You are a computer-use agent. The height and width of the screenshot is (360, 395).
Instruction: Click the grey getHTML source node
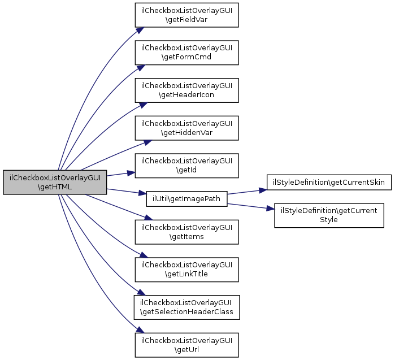(55, 182)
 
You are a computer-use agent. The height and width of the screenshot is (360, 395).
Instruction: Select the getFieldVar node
(186, 15)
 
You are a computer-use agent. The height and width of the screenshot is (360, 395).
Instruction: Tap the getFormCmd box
(186, 53)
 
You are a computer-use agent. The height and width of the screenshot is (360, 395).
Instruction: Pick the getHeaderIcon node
(186, 90)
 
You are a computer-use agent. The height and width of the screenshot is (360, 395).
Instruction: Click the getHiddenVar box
(186, 128)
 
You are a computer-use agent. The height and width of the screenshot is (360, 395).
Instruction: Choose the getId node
(186, 166)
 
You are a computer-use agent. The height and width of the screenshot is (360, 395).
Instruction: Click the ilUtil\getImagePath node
(186, 199)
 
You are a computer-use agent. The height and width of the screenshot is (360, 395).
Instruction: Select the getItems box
(186, 232)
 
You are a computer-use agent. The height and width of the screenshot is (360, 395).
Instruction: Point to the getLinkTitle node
(186, 270)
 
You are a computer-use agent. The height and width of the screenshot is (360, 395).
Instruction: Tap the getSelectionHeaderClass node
(186, 307)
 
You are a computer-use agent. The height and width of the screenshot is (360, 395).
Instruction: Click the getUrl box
(186, 345)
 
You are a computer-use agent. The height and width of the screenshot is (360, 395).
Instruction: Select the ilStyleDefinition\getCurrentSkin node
(329, 182)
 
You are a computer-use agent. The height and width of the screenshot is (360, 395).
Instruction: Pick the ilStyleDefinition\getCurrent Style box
(329, 215)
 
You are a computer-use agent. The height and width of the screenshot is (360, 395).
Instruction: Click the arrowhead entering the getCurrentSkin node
(263, 190)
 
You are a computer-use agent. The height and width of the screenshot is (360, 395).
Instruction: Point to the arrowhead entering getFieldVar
(140, 30)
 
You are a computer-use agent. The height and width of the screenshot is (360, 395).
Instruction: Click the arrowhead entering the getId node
(131, 173)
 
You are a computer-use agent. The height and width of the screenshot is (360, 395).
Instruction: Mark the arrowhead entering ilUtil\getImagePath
(142, 193)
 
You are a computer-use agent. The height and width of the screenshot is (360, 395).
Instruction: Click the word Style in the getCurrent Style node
(329, 220)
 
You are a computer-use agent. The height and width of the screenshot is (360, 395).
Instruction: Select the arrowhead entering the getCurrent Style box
(270, 209)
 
